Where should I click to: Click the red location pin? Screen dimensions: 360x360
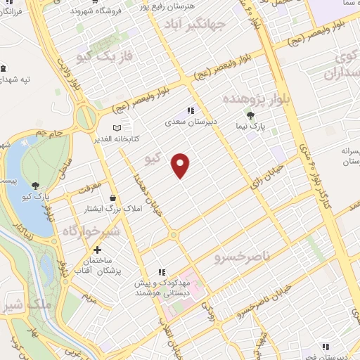pos(181,165)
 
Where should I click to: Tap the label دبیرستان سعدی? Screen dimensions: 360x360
pos(189,122)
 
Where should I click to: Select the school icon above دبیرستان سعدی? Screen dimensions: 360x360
pos(189,110)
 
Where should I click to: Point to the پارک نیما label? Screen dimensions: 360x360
pos(250,128)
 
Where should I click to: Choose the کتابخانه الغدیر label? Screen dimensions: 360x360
pos(117,139)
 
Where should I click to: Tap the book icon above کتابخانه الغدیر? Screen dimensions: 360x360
pos(117,127)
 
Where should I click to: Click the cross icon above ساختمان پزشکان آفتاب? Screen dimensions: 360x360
pos(97,250)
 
